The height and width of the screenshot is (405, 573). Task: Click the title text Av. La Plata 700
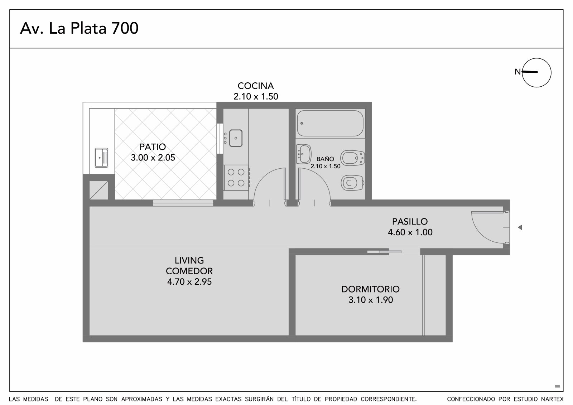tap(79, 28)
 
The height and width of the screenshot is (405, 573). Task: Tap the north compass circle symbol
tap(536, 59)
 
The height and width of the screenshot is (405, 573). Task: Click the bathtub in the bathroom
tap(330, 123)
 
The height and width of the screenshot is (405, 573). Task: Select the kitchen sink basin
tap(236, 138)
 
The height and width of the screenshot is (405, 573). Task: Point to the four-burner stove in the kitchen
tap(236, 178)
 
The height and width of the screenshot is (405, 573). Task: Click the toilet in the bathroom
tap(352, 183)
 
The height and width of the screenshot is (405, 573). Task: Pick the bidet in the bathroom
tap(352, 158)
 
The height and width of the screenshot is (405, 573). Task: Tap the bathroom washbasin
tap(304, 154)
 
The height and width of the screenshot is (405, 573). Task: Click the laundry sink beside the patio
tap(101, 158)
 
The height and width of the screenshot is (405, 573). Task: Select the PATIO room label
tap(153, 147)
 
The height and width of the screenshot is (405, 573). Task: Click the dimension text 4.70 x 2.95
tap(189, 282)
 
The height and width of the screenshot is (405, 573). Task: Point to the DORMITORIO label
tap(370, 289)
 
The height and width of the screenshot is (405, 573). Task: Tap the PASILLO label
tap(410, 221)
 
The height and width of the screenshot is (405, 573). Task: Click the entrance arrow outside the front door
tap(520, 227)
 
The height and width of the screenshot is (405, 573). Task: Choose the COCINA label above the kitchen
tap(256, 86)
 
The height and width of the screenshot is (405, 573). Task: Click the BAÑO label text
tap(326, 159)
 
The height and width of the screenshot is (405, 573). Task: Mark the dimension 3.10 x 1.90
tap(371, 300)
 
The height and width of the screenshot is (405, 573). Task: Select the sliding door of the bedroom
tap(385, 252)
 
